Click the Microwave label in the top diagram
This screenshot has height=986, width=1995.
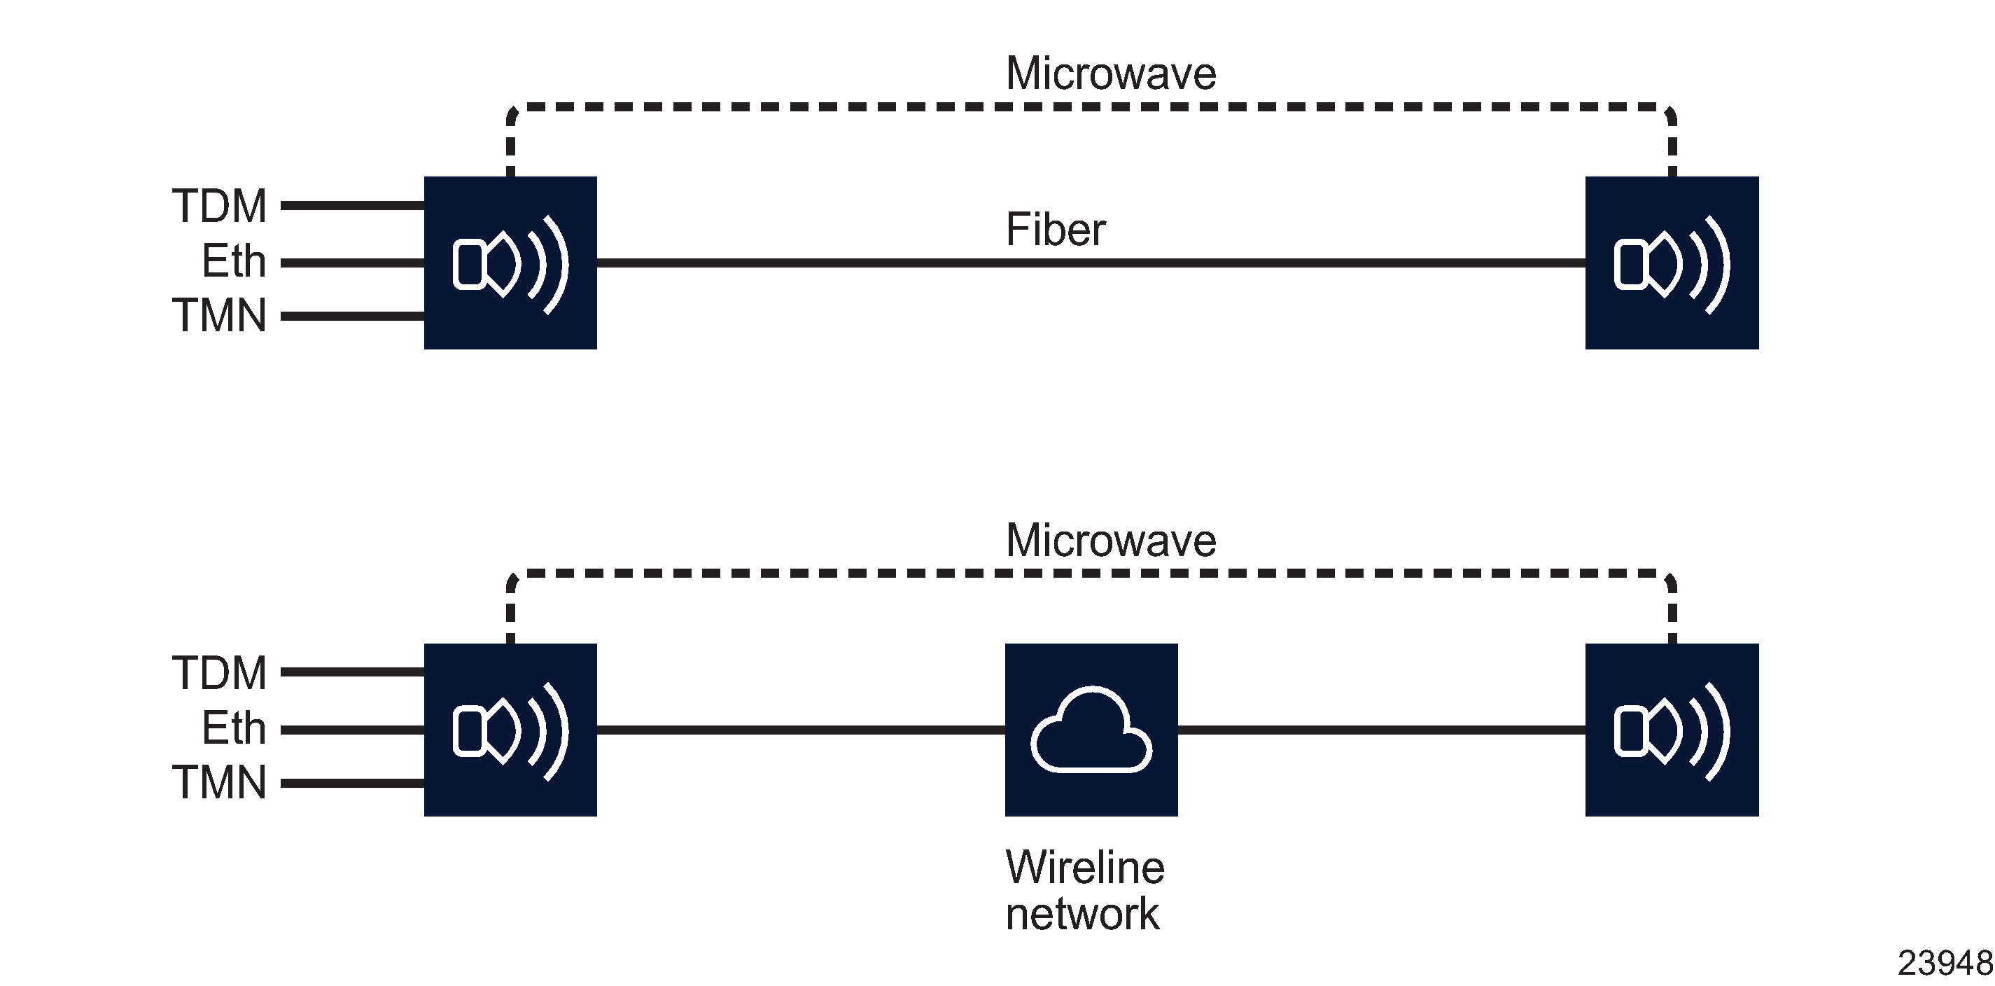coord(1111,74)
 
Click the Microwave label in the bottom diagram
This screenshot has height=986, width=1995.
coord(1111,540)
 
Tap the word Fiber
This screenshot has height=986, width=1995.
coord(1055,229)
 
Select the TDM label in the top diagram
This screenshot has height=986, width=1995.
coord(219,206)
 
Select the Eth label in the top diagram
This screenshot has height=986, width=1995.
coord(233,261)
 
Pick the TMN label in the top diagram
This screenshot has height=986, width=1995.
coord(219,315)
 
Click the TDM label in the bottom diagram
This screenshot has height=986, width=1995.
coord(219,672)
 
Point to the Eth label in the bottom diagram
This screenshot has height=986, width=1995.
coord(233,728)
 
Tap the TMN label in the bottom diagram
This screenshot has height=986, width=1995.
coord(219,782)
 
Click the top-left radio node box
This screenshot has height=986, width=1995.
coord(510,263)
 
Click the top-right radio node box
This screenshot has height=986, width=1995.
coord(1672,263)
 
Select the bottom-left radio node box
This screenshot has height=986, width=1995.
coord(510,730)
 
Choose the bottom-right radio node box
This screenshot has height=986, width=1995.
coord(1672,730)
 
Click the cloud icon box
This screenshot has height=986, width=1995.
coord(1091,730)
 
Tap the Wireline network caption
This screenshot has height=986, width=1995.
coord(1084,890)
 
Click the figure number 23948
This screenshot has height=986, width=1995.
coord(1944,964)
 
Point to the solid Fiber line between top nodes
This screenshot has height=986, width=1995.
coord(852,263)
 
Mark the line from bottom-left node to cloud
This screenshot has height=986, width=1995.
coord(801,730)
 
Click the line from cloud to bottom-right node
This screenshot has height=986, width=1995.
coord(1382,730)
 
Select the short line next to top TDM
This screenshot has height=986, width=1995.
coord(352,205)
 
